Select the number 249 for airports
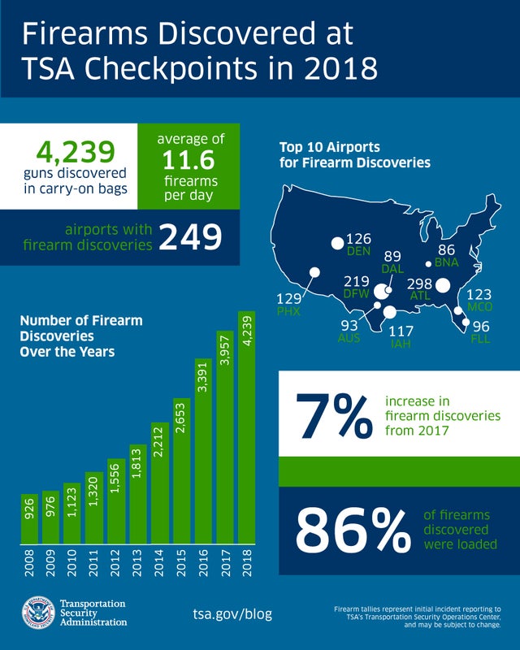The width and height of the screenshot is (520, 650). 190,237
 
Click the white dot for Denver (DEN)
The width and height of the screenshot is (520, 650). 336,243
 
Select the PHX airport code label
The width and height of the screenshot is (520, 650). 289,311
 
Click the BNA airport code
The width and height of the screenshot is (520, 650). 447,262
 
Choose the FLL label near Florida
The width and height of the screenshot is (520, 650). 481,338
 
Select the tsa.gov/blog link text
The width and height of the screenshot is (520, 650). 232,613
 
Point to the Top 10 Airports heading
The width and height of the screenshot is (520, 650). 354,155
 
